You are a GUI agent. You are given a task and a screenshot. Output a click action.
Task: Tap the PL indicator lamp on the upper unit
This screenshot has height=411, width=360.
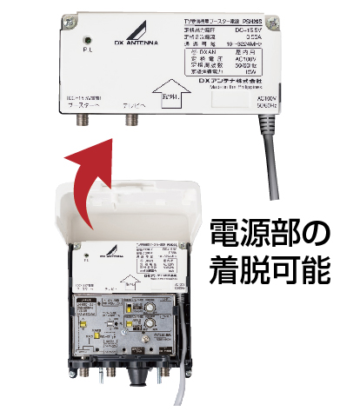[86, 40]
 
